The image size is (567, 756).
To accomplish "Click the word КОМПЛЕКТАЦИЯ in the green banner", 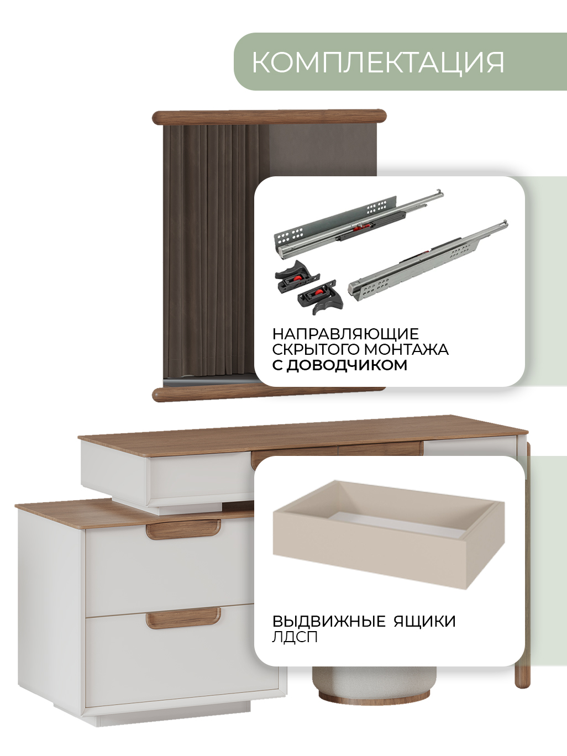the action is tap(378, 62).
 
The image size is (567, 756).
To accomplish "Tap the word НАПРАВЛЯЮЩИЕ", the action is tap(345, 334).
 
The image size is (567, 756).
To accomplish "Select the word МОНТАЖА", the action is tap(406, 349).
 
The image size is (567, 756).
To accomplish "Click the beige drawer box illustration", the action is tap(389, 534).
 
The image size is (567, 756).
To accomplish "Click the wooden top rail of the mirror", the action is tap(270, 117).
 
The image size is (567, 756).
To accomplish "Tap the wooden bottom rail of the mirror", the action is tap(269, 394).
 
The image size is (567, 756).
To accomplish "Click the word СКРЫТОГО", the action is tap(316, 349).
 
